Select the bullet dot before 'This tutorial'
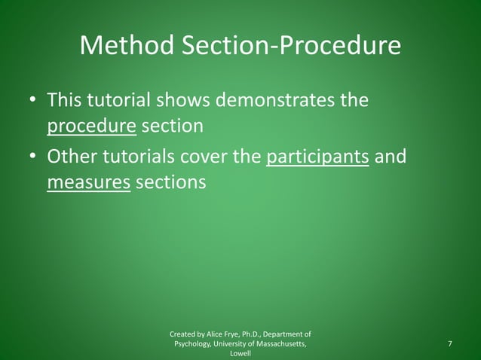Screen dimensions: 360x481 [32, 101]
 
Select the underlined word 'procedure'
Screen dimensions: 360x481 [91, 126]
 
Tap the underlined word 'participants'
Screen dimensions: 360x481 [317, 157]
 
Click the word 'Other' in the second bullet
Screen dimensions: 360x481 [73, 157]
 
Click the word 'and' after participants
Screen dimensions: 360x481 [391, 157]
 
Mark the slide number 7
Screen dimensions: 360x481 [450, 344]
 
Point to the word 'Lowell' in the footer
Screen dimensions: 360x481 [240, 354]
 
